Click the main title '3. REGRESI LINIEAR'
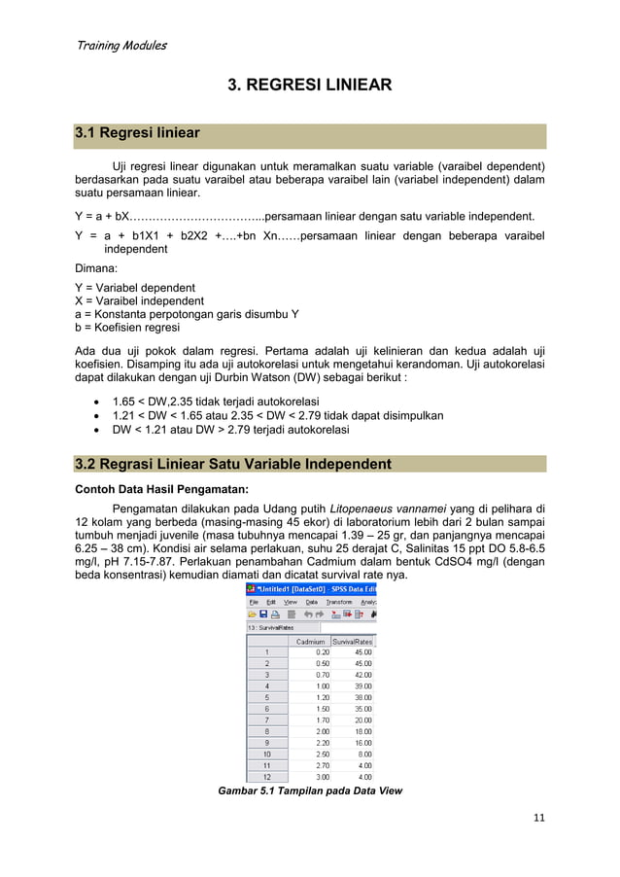click(309, 86)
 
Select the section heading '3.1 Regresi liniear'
click(138, 133)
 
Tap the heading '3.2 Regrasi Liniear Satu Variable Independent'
click(233, 464)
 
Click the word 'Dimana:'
click(95, 267)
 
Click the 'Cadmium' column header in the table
click(310, 641)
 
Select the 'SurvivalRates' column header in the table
click(353, 641)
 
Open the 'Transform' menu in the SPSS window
click(338, 602)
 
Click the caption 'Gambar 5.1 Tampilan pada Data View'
click(310, 791)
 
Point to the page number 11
click(539, 818)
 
